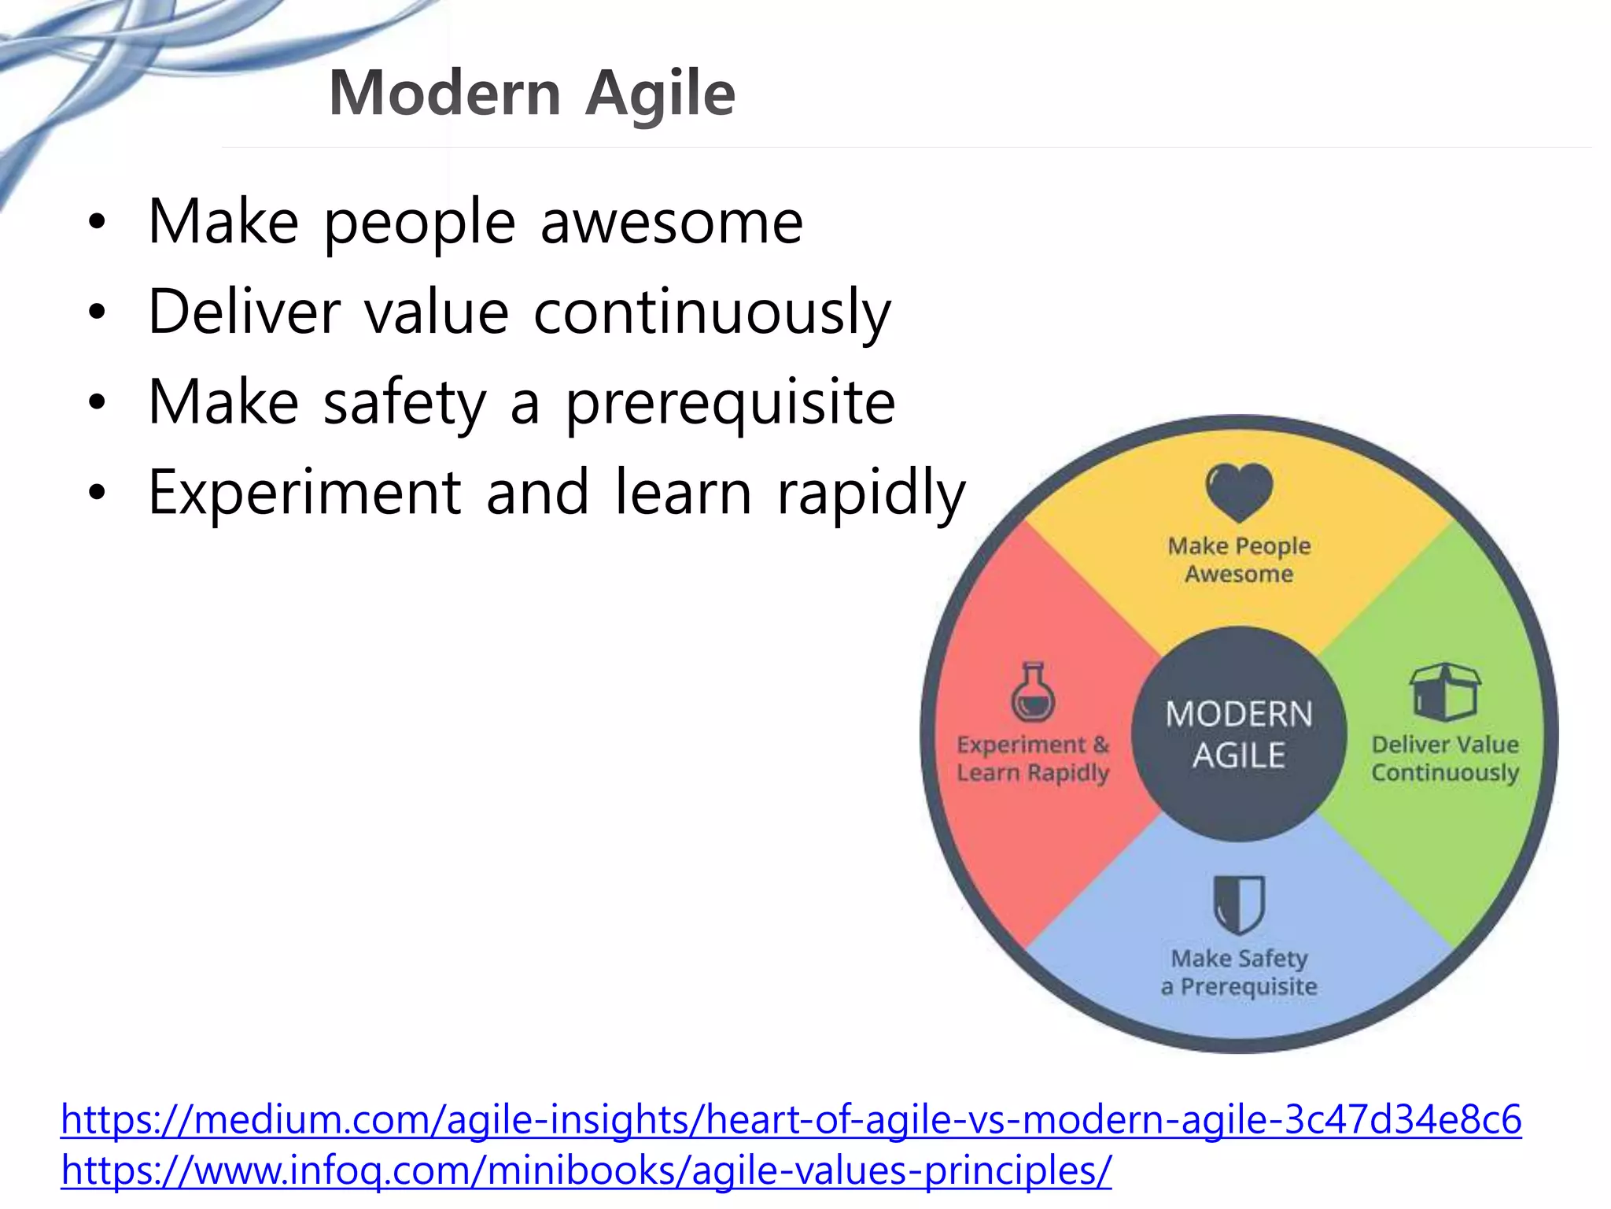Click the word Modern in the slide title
tap(444, 93)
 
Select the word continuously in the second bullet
tap(712, 312)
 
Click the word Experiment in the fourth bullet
tap(304, 493)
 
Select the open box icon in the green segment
tap(1444, 691)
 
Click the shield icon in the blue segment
tap(1238, 904)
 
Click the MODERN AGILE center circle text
tap(1238, 734)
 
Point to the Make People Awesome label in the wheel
tap(1238, 560)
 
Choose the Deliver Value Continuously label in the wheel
tap(1444, 758)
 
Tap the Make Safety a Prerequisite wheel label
tap(1238, 972)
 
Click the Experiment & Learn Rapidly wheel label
tap(1032, 758)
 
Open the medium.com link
tap(791, 1119)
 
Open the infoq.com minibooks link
tap(586, 1170)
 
